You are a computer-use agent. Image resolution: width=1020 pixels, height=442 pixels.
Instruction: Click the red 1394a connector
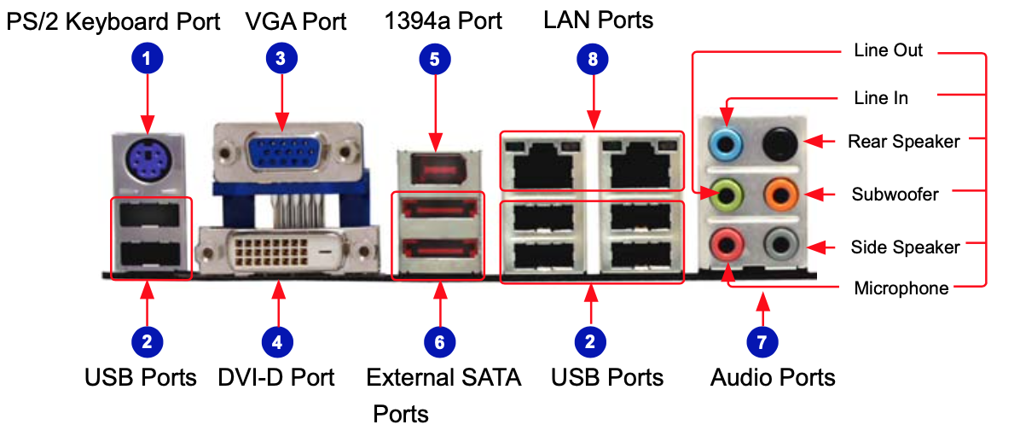pos(436,169)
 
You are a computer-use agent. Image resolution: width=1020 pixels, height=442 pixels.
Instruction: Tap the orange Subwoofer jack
pos(777,195)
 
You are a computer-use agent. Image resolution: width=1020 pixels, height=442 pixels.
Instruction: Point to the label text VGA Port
pos(295,20)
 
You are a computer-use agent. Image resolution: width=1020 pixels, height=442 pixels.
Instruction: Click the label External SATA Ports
pos(443,377)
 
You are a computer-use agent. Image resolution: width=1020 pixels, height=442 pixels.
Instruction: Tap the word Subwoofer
pos(895,195)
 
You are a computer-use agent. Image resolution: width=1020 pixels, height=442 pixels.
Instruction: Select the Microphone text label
pos(901,288)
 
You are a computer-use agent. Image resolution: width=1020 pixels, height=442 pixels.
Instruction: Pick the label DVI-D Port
pos(276,377)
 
